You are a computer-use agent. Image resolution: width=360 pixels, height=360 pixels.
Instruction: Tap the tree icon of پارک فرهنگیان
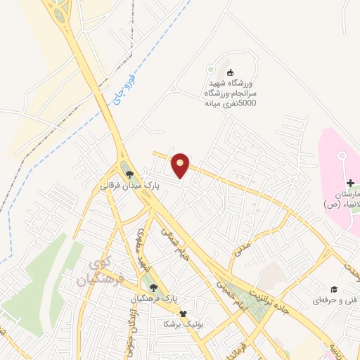click(x=154, y=285)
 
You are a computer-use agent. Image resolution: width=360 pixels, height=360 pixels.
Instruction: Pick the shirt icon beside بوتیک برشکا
click(x=184, y=314)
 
